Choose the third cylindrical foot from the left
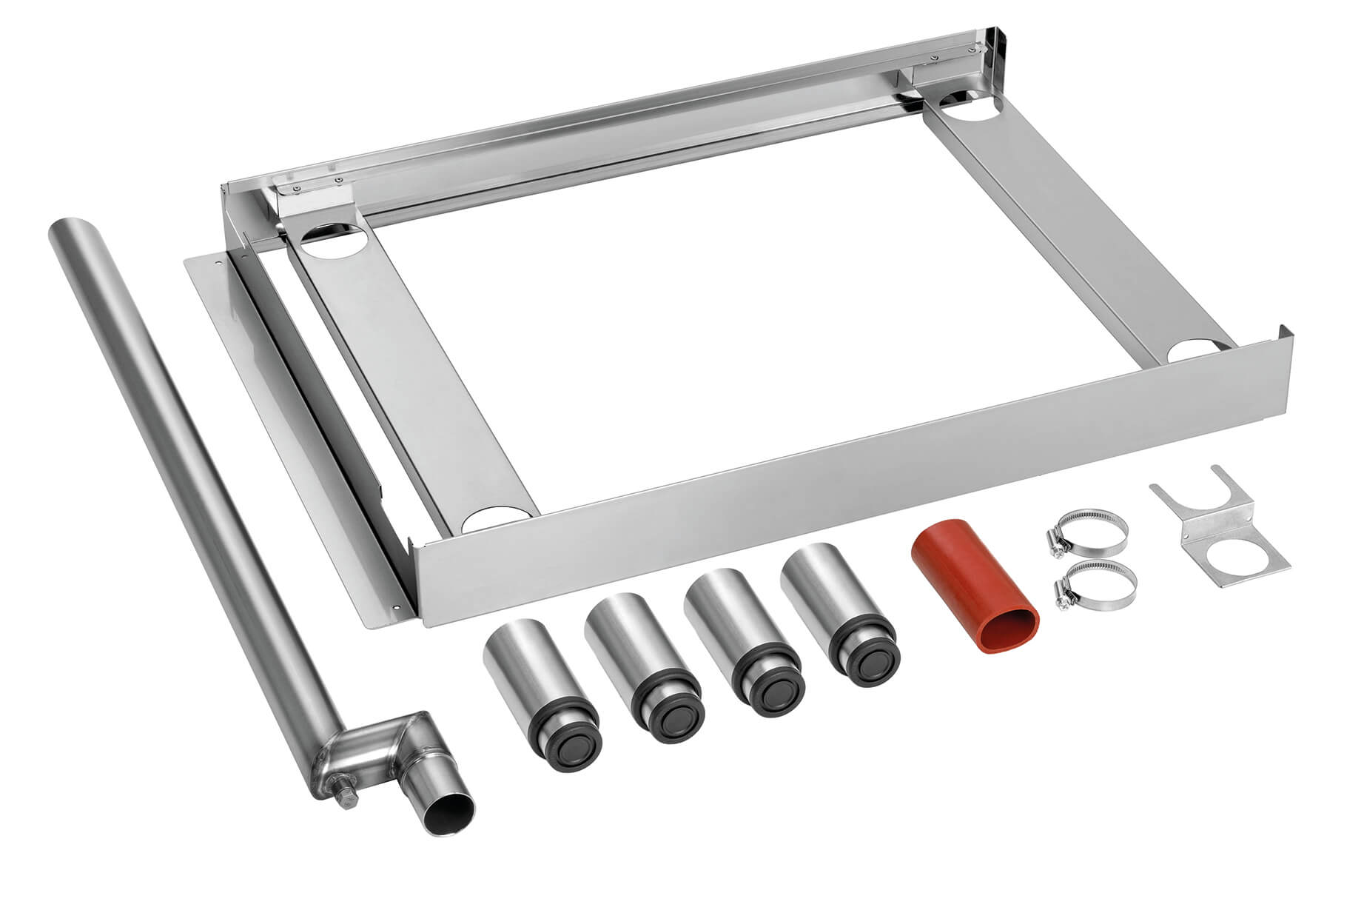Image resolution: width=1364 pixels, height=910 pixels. point(740,626)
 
